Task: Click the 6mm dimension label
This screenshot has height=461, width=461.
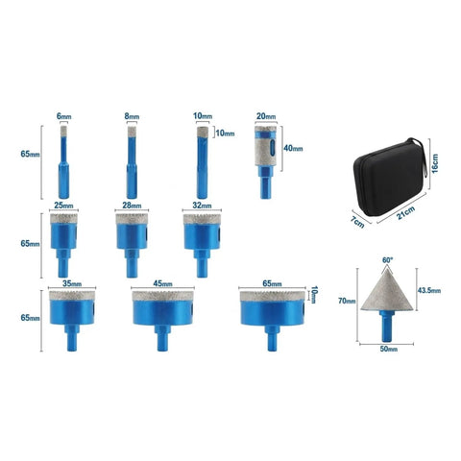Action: pos(64,116)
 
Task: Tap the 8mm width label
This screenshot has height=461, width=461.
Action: pos(132,116)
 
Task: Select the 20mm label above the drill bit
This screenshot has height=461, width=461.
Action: pos(266,116)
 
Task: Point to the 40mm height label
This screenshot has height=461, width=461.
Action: pos(293,148)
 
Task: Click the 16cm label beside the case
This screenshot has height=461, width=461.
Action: pos(434,163)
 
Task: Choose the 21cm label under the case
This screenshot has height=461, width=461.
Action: pos(406,213)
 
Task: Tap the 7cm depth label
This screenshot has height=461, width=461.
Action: pos(357,222)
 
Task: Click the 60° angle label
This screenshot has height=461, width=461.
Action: pos(387,260)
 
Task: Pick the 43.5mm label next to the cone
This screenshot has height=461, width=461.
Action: pos(429,290)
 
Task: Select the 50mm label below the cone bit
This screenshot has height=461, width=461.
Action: pos(389,349)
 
